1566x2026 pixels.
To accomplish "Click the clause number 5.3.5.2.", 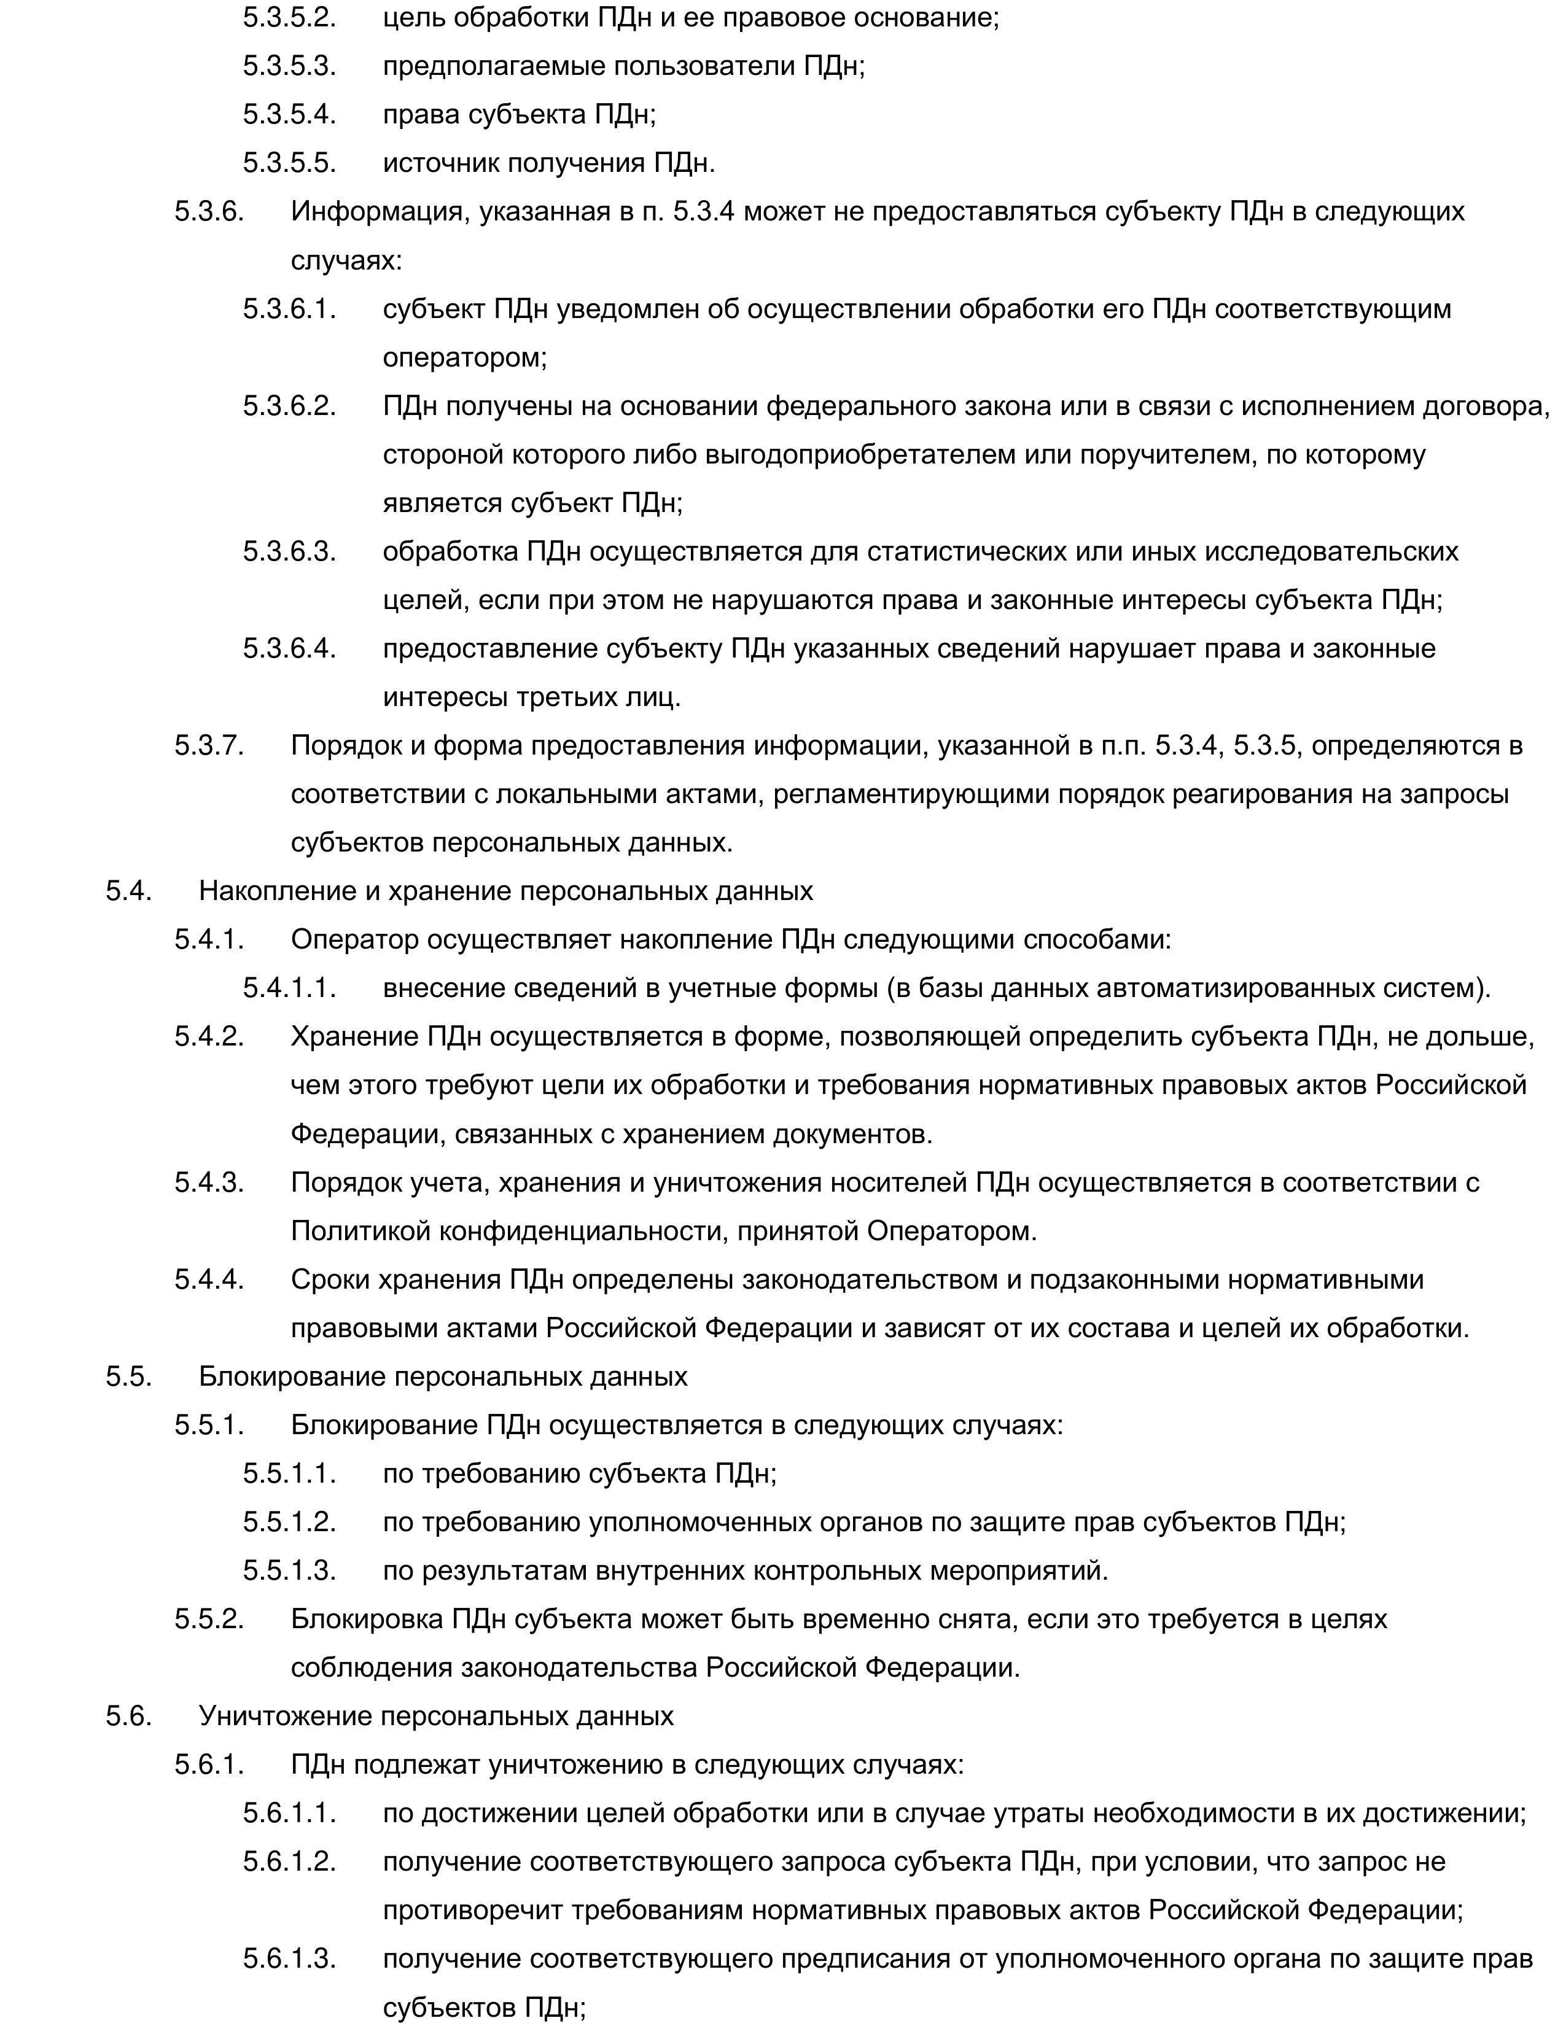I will [x=289, y=18].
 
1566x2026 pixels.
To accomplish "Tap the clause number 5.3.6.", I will [x=209, y=212].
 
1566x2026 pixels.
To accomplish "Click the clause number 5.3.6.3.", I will [x=289, y=551].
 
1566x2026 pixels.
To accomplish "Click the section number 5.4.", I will [x=128, y=891].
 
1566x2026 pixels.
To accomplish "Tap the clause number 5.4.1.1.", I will [x=289, y=988].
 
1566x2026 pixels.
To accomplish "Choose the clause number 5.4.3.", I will [x=209, y=1182].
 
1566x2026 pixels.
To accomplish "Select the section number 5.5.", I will [x=128, y=1376].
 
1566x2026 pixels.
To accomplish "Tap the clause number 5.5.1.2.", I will [x=289, y=1521].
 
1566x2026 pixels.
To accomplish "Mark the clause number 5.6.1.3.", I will [x=289, y=1958].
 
